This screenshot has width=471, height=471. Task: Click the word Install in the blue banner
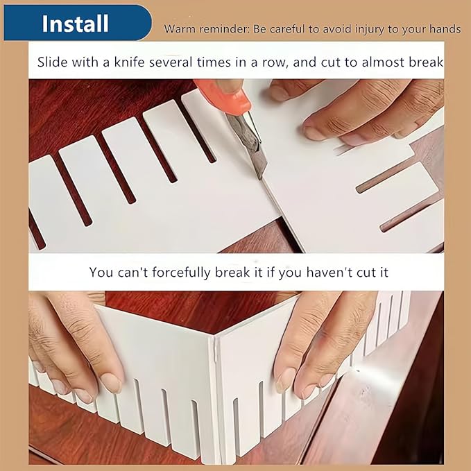[x=75, y=24]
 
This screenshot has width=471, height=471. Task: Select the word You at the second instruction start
[x=101, y=272]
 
